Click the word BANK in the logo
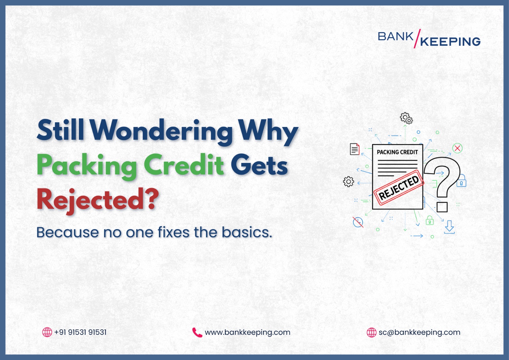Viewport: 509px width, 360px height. click(x=395, y=37)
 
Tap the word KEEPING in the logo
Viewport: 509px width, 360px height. click(x=450, y=42)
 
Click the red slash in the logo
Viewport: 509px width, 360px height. click(x=417, y=39)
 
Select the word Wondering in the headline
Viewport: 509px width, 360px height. click(x=162, y=131)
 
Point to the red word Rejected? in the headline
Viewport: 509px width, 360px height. click(x=97, y=200)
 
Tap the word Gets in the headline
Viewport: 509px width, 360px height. click(x=259, y=165)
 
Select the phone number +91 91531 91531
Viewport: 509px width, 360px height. click(x=80, y=332)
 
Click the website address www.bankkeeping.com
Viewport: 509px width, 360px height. click(x=247, y=332)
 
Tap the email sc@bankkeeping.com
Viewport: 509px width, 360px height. click(x=419, y=332)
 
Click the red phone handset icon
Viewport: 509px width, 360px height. click(x=197, y=332)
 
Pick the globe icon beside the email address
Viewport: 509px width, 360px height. click(x=371, y=332)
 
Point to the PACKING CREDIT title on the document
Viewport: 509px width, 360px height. click(x=397, y=152)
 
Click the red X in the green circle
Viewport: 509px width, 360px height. click(x=457, y=148)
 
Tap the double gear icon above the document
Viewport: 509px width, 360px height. click(x=406, y=118)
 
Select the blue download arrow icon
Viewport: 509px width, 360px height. click(x=449, y=227)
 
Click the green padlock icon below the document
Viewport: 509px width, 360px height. click(x=429, y=220)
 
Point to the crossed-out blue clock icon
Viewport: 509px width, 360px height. click(x=358, y=222)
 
